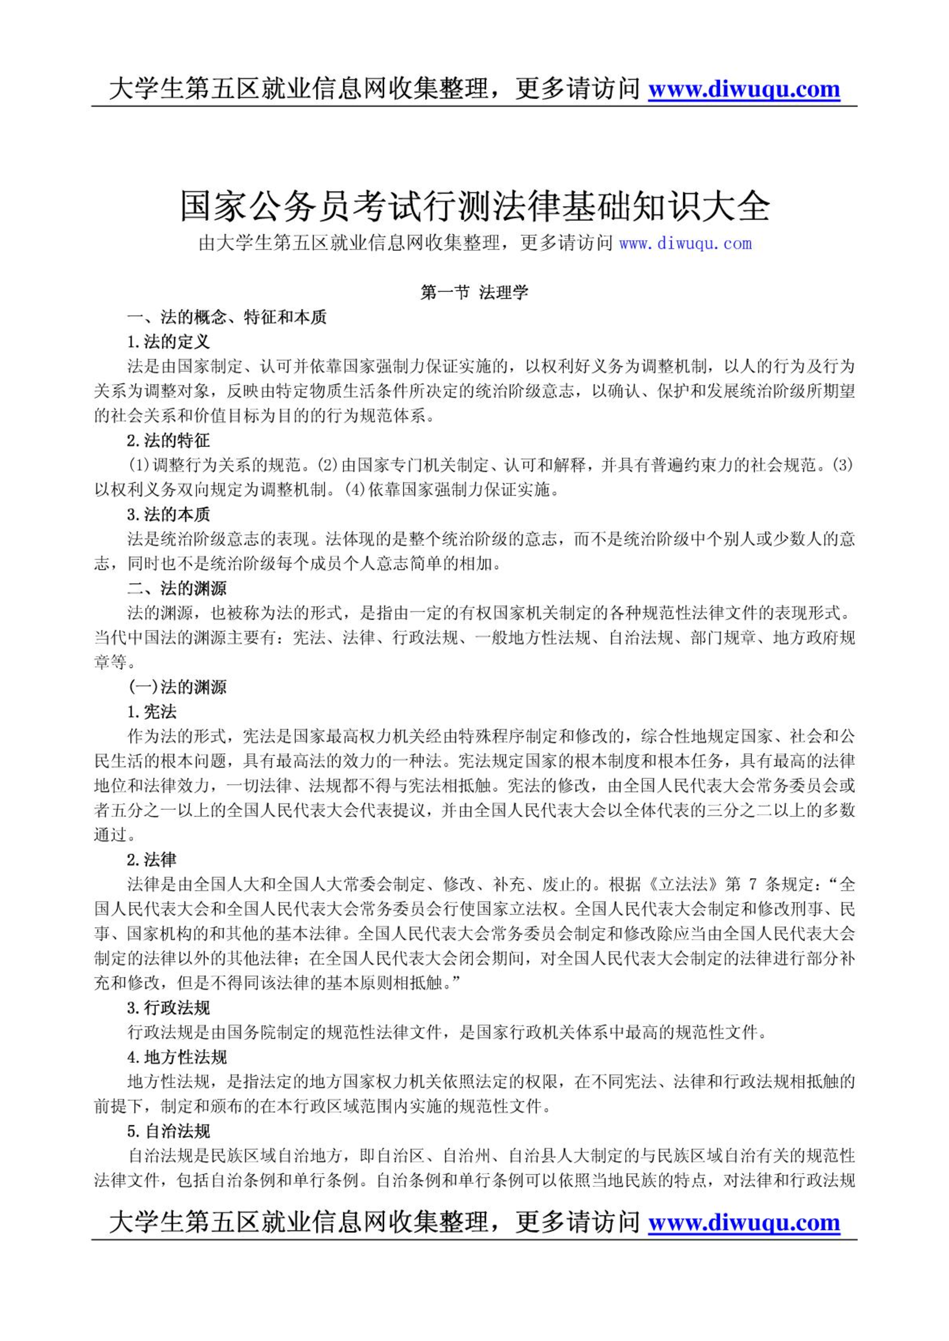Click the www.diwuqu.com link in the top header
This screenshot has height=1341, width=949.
(744, 89)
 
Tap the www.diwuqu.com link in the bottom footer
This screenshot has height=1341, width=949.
(744, 1223)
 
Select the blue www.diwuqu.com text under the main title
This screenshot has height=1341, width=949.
(685, 244)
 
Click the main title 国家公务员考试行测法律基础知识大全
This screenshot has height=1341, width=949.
(474, 206)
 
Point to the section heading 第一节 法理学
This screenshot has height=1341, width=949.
(474, 292)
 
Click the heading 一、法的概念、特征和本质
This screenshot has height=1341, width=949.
(227, 317)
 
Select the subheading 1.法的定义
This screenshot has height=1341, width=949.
(168, 342)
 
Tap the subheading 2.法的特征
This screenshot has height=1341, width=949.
(168, 441)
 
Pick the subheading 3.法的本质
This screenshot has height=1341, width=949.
(168, 514)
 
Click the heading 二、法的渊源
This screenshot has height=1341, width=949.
(177, 588)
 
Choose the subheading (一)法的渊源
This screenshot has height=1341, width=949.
(177, 687)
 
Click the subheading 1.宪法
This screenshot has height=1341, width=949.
(152, 712)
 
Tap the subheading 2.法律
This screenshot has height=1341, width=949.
(152, 859)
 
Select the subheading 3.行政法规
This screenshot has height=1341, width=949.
(168, 1008)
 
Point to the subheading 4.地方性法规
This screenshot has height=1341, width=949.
(177, 1057)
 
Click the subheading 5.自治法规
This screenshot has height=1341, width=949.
(168, 1131)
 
